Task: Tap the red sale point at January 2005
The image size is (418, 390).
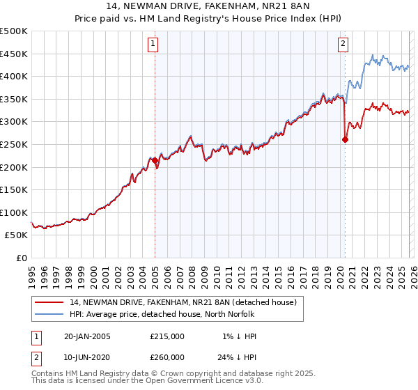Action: [x=155, y=160]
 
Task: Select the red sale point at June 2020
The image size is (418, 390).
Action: [x=345, y=139]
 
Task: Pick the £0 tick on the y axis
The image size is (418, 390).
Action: [x=21, y=258]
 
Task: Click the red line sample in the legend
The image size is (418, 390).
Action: [x=49, y=302]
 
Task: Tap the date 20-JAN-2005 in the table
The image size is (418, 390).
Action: [x=86, y=336]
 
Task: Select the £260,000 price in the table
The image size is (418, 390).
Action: [x=167, y=357]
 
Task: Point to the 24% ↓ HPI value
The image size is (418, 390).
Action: [x=237, y=357]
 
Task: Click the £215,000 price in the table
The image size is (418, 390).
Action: [x=167, y=336]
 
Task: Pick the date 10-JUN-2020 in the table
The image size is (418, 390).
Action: [x=86, y=357]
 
